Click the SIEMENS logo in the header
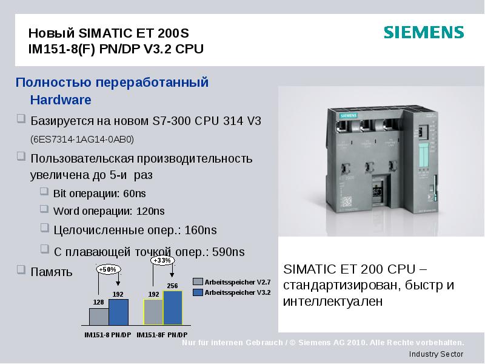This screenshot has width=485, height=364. click(x=424, y=33)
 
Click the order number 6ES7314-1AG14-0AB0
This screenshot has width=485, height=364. click(x=82, y=140)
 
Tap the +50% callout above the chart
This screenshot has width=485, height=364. click(x=106, y=269)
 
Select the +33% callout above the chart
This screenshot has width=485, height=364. click(x=162, y=260)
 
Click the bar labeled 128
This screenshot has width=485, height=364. click(x=99, y=317)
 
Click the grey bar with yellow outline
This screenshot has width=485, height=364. click(x=153, y=312)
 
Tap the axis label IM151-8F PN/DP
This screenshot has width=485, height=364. click(x=162, y=335)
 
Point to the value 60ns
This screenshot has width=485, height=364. click(x=135, y=194)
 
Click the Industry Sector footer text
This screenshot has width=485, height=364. click(x=436, y=354)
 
